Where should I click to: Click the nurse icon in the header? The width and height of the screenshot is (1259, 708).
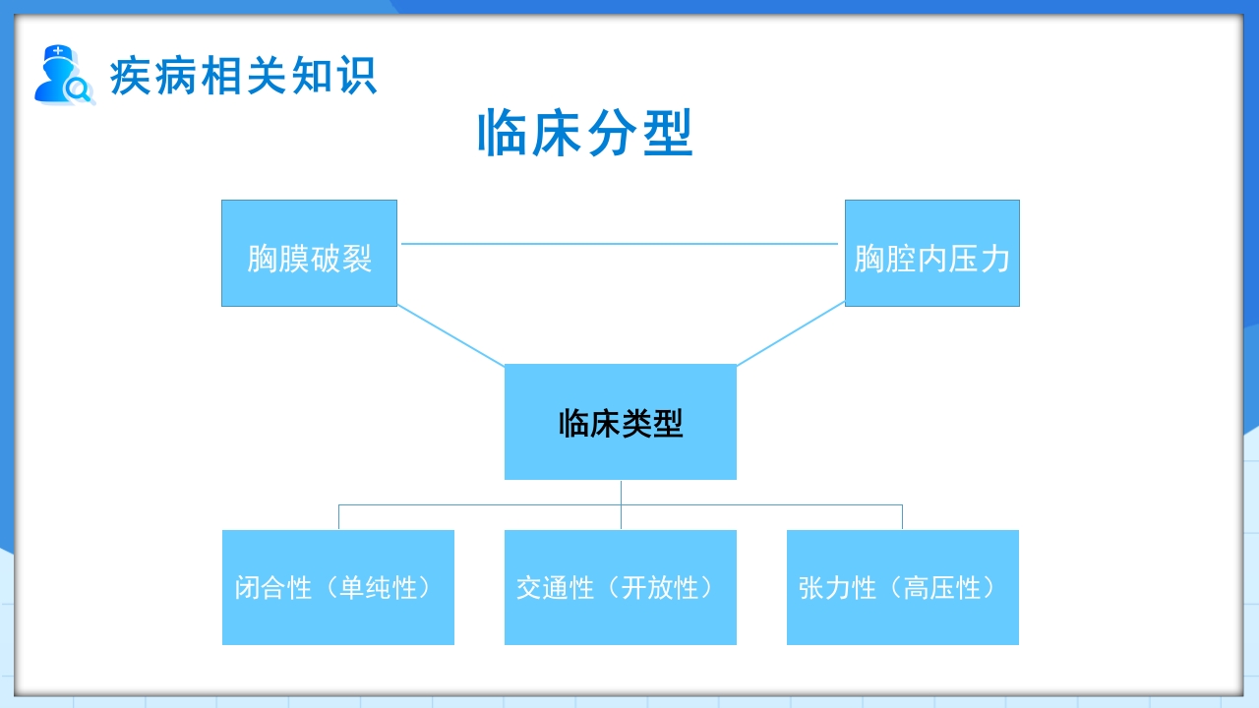pos(62,75)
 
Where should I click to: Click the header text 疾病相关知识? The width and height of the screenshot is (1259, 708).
pos(243,76)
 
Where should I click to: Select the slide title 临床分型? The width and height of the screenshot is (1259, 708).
pos(585,134)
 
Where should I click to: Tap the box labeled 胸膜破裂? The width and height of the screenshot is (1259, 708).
pos(309,254)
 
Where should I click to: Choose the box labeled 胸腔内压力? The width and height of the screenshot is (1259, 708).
pos(931,254)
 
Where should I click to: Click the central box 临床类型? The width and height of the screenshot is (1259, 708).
pos(620,422)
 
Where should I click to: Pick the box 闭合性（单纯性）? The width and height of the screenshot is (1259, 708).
pos(337,587)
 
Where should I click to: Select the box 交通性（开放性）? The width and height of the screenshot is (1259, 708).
pos(620,587)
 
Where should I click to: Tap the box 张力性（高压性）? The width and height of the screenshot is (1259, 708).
pos(902,587)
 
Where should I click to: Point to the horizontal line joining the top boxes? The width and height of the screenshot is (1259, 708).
pos(620,244)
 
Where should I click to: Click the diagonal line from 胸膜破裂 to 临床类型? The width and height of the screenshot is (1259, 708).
pos(450,335)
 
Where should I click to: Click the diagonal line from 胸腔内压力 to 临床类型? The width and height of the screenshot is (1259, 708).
pos(791,334)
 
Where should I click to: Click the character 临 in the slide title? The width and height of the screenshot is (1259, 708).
pos(502,134)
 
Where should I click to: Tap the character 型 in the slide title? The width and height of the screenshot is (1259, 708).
pos(669,134)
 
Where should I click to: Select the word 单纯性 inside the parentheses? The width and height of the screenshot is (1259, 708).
pos(379,588)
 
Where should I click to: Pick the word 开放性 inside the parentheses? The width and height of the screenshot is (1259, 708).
pos(660,588)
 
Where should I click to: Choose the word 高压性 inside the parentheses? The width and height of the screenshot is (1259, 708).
pos(943,588)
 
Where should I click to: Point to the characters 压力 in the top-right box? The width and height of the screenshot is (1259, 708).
pos(980,260)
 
